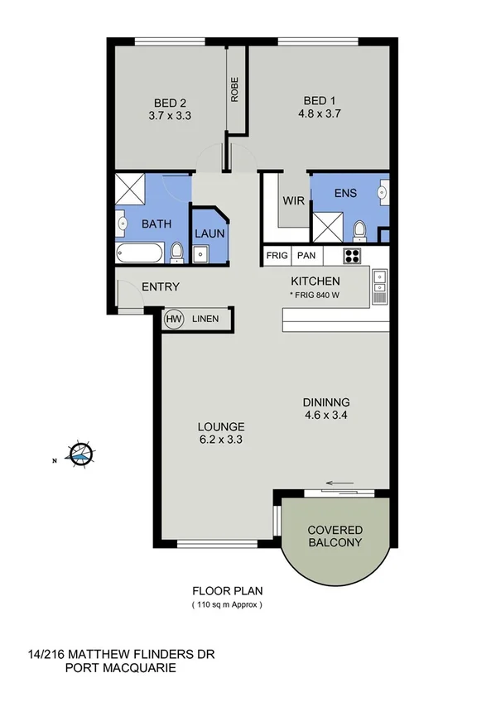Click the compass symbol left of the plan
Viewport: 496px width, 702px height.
click(80, 453)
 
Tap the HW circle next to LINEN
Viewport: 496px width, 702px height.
click(174, 319)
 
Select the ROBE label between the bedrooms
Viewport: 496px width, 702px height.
click(235, 90)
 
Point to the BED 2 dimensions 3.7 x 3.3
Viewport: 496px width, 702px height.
click(170, 116)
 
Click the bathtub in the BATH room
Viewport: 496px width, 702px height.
click(141, 253)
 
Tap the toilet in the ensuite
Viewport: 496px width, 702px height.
click(359, 229)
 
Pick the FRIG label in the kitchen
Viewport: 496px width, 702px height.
click(277, 256)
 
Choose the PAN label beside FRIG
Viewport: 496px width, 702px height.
click(306, 256)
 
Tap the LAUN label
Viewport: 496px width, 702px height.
click(209, 233)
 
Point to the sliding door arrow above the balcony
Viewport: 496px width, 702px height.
click(339, 483)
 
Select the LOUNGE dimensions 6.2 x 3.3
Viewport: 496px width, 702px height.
click(219, 440)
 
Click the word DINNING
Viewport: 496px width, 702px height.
click(327, 402)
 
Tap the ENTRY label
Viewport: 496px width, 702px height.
click(161, 286)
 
